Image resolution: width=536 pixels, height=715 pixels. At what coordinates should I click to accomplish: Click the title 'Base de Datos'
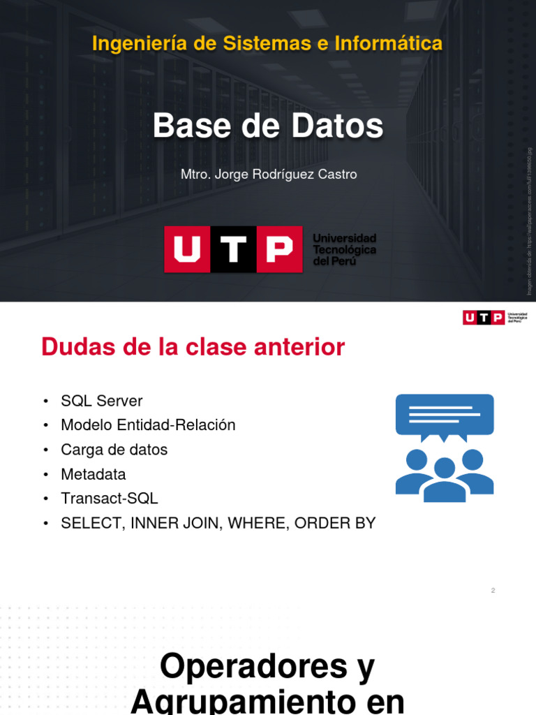268,126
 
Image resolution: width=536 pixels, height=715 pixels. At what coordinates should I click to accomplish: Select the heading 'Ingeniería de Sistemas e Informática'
268,44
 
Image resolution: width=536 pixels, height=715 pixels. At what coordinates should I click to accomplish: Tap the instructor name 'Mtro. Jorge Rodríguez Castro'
269,175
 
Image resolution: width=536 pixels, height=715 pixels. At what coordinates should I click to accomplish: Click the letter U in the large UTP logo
187,249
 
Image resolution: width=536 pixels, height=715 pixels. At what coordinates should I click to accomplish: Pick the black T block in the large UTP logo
234,249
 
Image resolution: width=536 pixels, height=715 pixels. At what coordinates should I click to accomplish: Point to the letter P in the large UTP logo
279,249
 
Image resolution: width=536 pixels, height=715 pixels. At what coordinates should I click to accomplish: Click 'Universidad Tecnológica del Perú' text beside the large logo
344,249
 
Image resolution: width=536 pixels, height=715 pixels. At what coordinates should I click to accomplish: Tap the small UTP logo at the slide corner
494,318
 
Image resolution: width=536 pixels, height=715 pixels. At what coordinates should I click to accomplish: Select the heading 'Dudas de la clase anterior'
193,347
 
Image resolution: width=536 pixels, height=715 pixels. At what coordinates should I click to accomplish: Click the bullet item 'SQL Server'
101,401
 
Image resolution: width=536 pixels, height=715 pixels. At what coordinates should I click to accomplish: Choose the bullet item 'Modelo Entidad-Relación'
148,425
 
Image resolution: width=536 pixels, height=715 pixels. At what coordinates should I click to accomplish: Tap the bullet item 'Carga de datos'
114,450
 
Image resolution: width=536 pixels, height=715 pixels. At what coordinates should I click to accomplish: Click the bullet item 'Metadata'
93,475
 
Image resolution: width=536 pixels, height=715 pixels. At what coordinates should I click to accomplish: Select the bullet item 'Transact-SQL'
109,499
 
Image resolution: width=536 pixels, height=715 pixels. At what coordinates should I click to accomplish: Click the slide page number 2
493,591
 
